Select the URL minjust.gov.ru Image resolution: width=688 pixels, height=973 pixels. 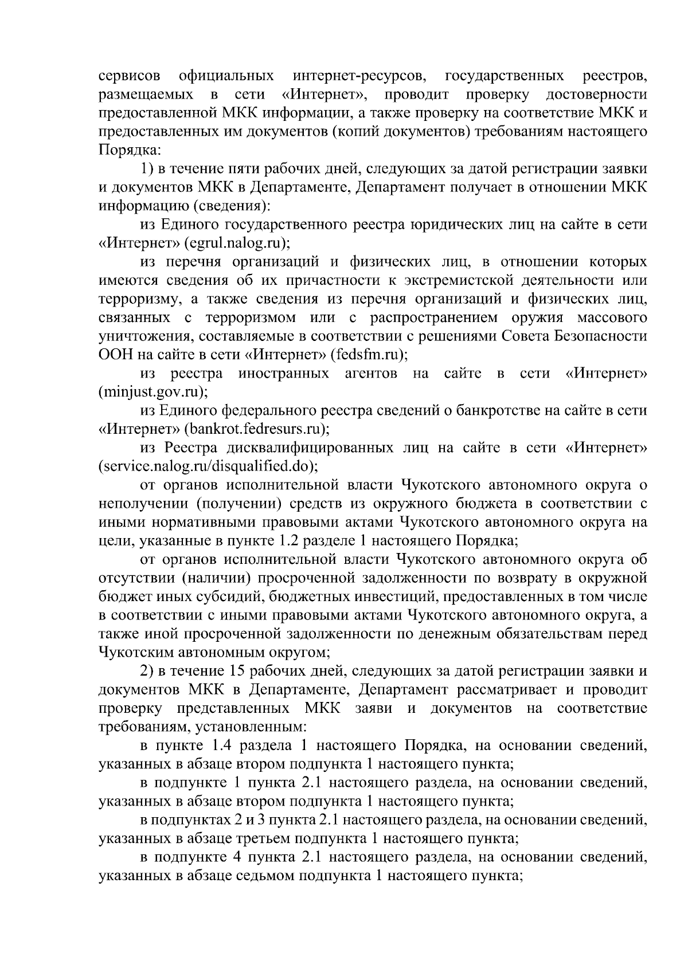(153, 392)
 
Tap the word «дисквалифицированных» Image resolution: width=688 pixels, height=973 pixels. (305, 448)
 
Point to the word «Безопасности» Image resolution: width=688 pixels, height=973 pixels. (608, 336)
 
